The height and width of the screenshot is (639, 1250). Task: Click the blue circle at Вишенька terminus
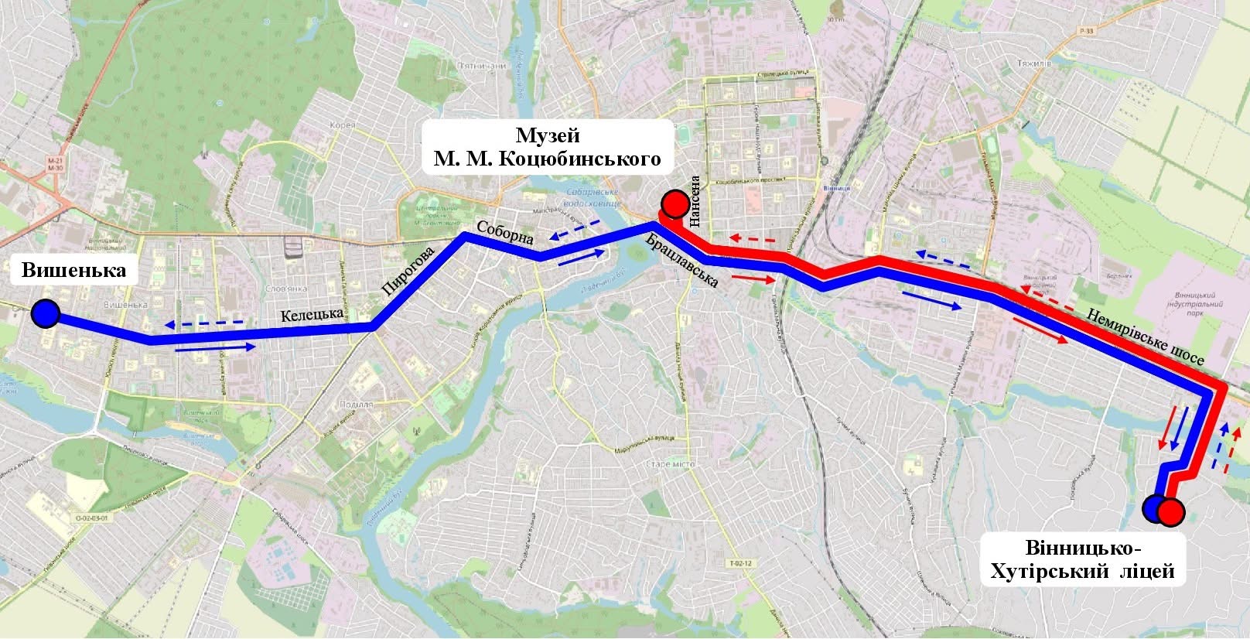pyautogui.click(x=46, y=314)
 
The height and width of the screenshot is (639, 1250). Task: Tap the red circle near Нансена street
pyautogui.click(x=675, y=204)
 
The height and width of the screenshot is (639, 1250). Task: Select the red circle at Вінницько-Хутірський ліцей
pyautogui.click(x=1171, y=512)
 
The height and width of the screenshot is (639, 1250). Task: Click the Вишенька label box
pyautogui.click(x=74, y=271)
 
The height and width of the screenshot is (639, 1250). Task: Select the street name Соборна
pyautogui.click(x=505, y=233)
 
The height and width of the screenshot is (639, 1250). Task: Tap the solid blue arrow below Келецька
pyautogui.click(x=215, y=348)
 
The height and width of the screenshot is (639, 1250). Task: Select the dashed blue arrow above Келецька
pyautogui.click(x=203, y=322)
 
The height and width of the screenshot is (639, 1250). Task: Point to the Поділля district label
pyautogui.click(x=356, y=404)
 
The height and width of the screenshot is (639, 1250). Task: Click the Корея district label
pyautogui.click(x=343, y=125)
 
